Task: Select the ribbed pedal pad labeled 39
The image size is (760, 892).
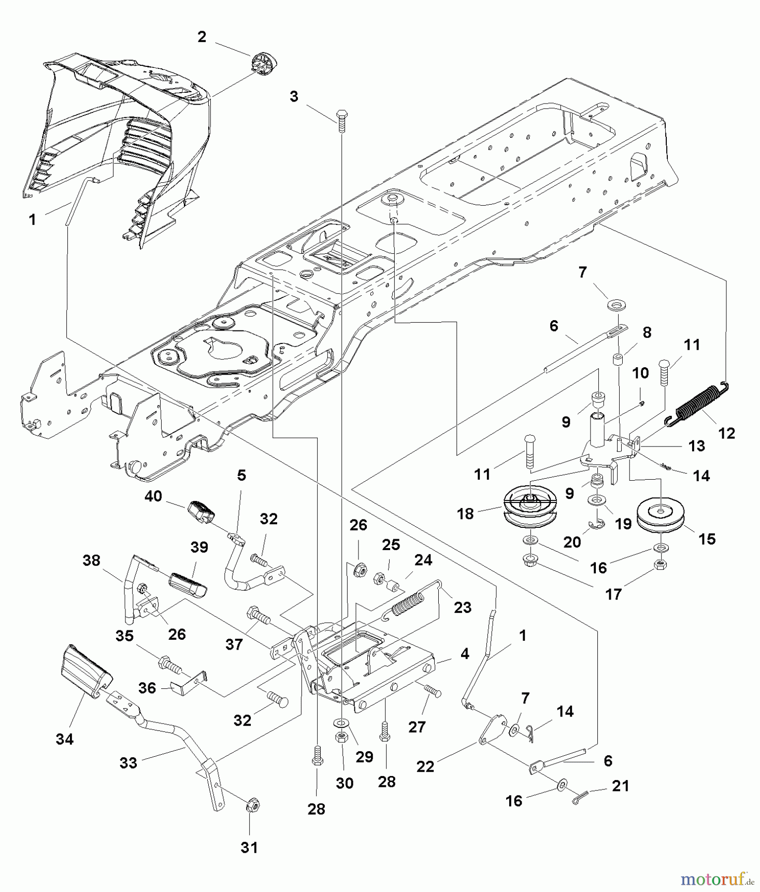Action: (187, 584)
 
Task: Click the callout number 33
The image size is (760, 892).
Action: (128, 763)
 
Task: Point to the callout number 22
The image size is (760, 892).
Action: (425, 766)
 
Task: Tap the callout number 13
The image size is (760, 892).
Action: (697, 446)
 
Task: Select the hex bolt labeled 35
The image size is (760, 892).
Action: (170, 664)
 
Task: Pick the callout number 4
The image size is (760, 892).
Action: (464, 654)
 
